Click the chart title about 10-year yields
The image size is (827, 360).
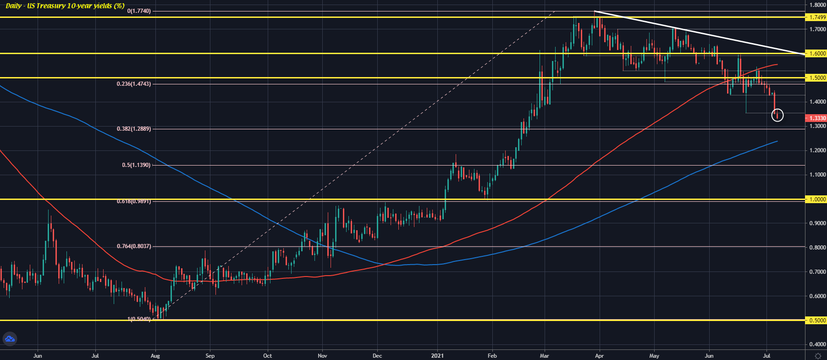(x=65, y=6)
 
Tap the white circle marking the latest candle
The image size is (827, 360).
(x=777, y=115)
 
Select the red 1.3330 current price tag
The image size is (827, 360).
(x=816, y=118)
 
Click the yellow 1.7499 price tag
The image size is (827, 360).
(x=816, y=17)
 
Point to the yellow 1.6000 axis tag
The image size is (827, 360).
(x=816, y=54)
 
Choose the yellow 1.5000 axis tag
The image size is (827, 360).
(x=816, y=78)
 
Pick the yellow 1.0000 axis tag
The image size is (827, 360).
(x=816, y=199)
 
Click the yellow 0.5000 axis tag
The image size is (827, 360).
(x=816, y=321)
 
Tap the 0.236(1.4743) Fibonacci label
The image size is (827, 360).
(x=133, y=84)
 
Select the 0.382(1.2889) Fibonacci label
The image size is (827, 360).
(x=133, y=129)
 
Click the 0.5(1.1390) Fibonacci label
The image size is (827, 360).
(x=136, y=165)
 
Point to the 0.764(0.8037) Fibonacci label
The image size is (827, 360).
(x=133, y=246)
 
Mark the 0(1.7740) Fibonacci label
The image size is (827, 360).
(x=139, y=11)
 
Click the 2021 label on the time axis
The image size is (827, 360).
(x=438, y=355)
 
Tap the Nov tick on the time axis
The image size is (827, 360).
(x=323, y=355)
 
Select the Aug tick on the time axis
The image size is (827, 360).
(x=155, y=355)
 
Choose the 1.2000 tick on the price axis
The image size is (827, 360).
(x=817, y=150)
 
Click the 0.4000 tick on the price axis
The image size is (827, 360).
(x=817, y=344)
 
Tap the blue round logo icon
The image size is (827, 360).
(x=10, y=339)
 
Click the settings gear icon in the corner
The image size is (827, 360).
(x=818, y=355)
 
